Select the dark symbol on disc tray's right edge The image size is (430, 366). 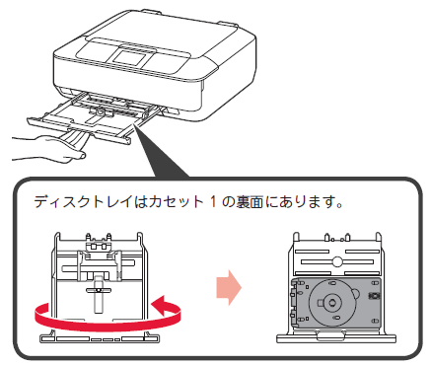[x=373, y=295]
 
